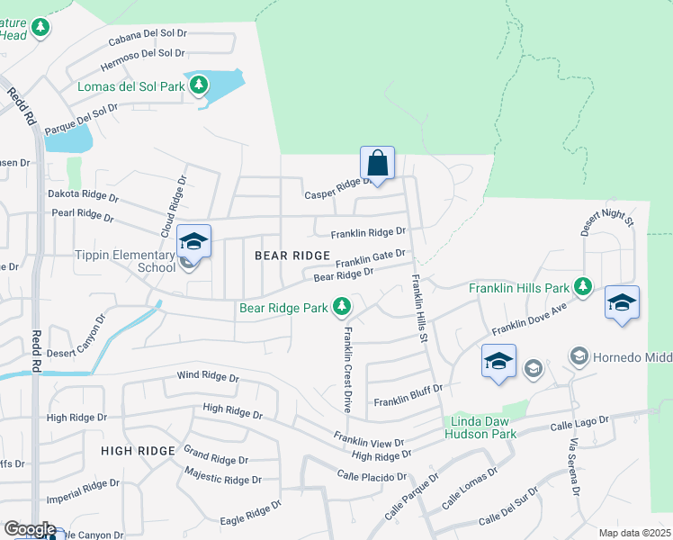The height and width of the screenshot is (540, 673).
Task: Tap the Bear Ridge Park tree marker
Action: click(x=342, y=308)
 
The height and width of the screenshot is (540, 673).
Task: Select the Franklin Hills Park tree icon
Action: click(x=584, y=287)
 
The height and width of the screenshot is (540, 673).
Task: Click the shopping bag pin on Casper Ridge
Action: click(x=378, y=165)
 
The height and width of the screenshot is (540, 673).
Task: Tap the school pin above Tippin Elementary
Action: click(x=193, y=242)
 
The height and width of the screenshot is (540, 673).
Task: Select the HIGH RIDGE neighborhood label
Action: click(x=138, y=450)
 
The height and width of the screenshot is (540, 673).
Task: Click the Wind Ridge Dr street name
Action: click(x=208, y=376)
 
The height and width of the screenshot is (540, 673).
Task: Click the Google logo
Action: click(x=29, y=529)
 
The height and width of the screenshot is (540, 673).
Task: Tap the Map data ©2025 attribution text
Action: click(x=634, y=533)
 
